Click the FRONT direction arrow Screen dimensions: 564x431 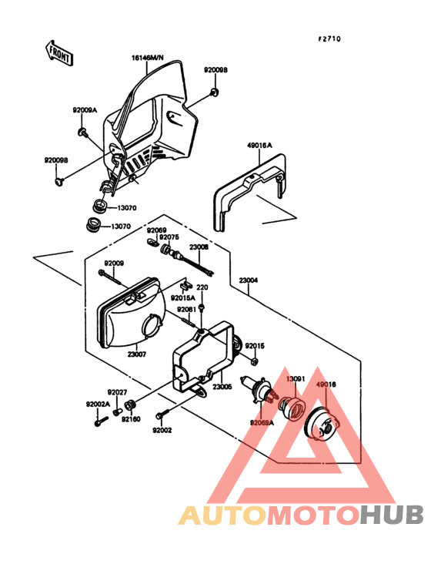[x=58, y=53]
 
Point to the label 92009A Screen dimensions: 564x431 [x=85, y=110]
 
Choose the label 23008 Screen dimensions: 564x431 [x=199, y=248]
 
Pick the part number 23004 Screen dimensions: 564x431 [x=248, y=280]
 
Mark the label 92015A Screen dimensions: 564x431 [x=182, y=297]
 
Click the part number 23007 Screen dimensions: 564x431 [x=138, y=354]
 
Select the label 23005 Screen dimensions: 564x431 [x=222, y=386]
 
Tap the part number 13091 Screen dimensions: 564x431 [x=296, y=379]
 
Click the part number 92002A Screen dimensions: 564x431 [x=97, y=404]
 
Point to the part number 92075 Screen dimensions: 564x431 [x=169, y=237]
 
